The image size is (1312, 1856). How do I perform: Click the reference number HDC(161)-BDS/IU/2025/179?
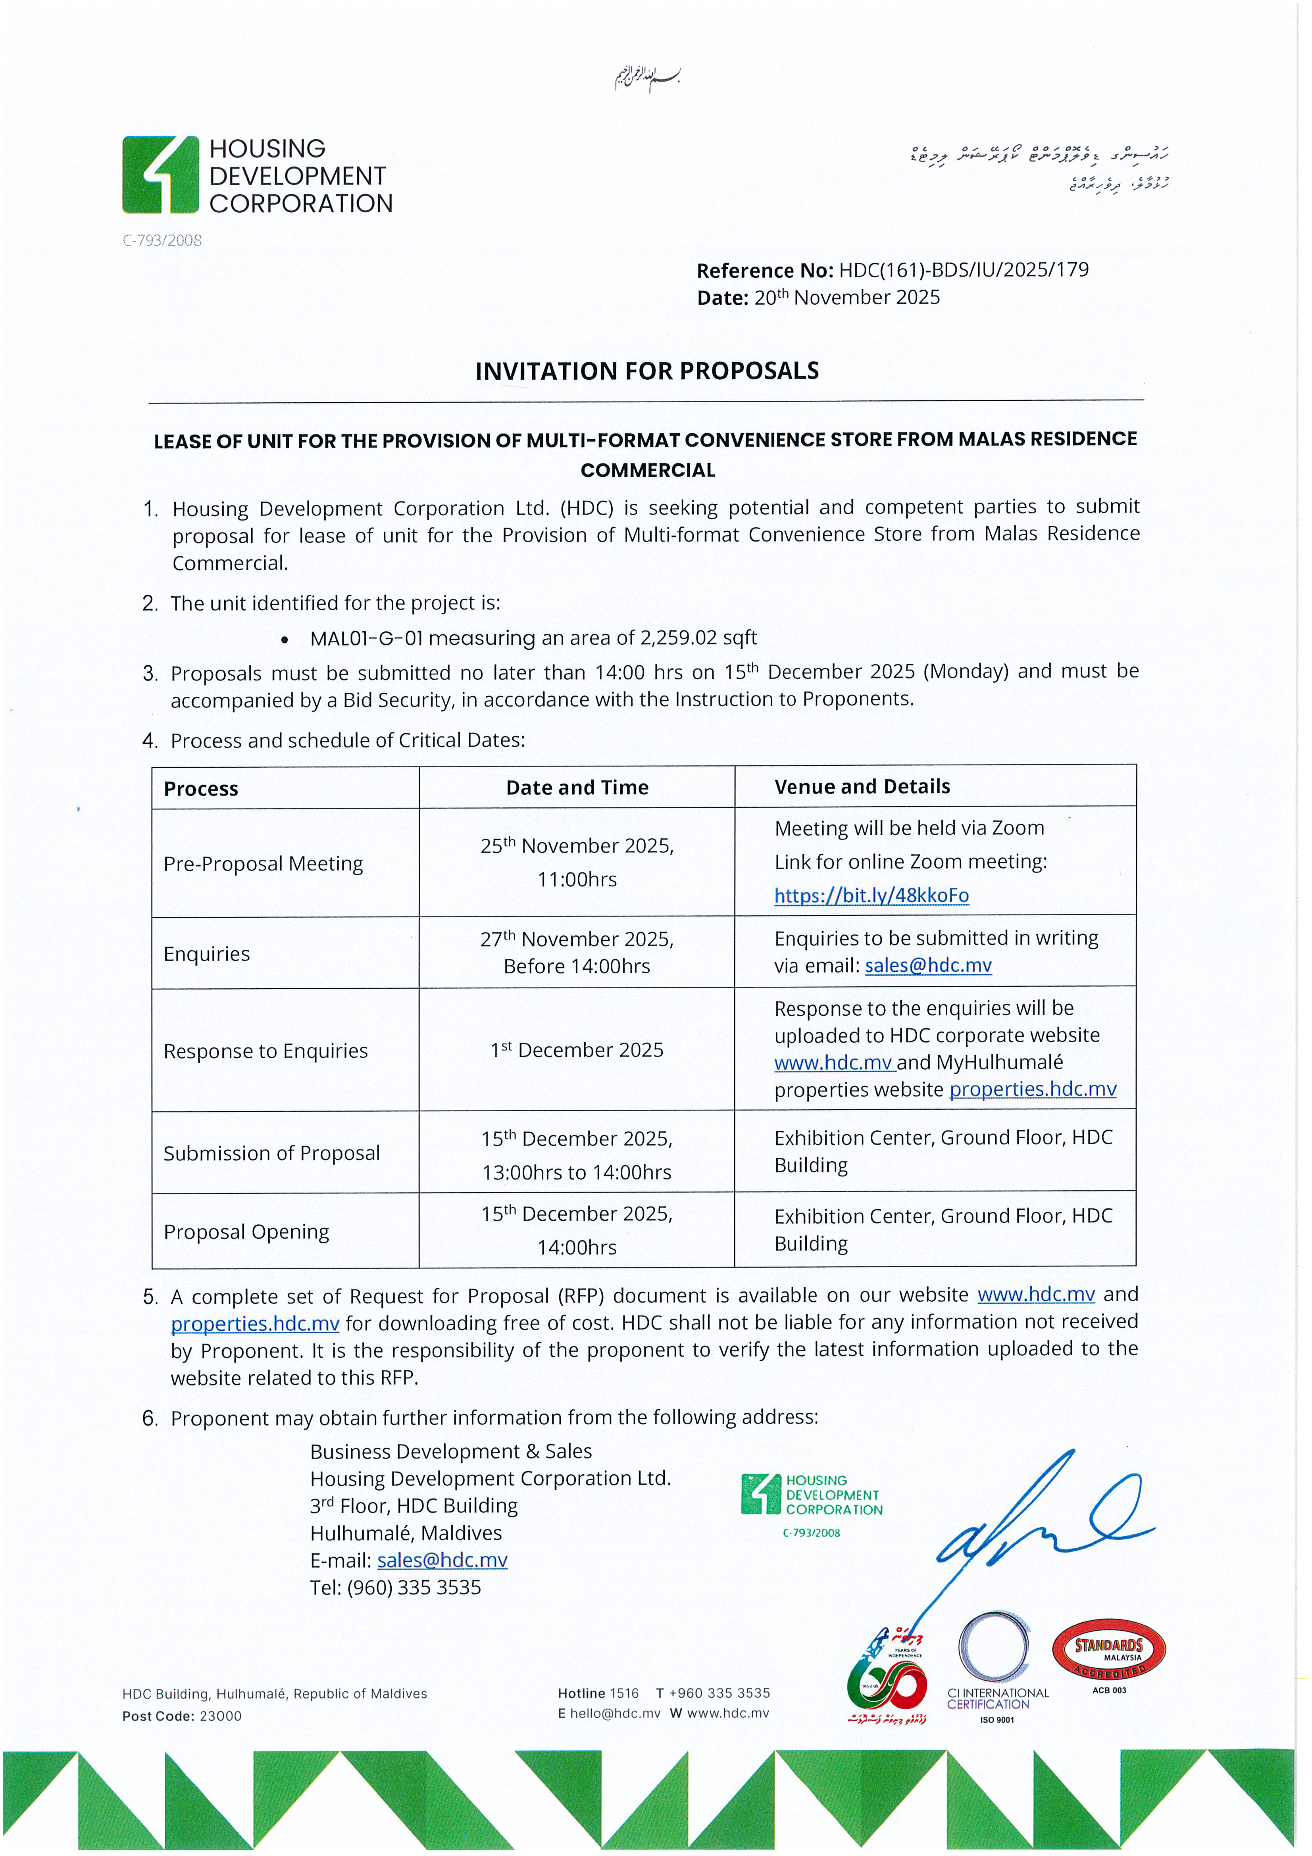(x=964, y=270)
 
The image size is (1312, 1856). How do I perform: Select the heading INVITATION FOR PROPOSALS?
(x=647, y=371)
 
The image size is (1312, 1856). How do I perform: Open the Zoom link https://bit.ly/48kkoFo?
(x=871, y=896)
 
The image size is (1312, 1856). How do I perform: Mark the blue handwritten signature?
(x=1043, y=1520)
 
